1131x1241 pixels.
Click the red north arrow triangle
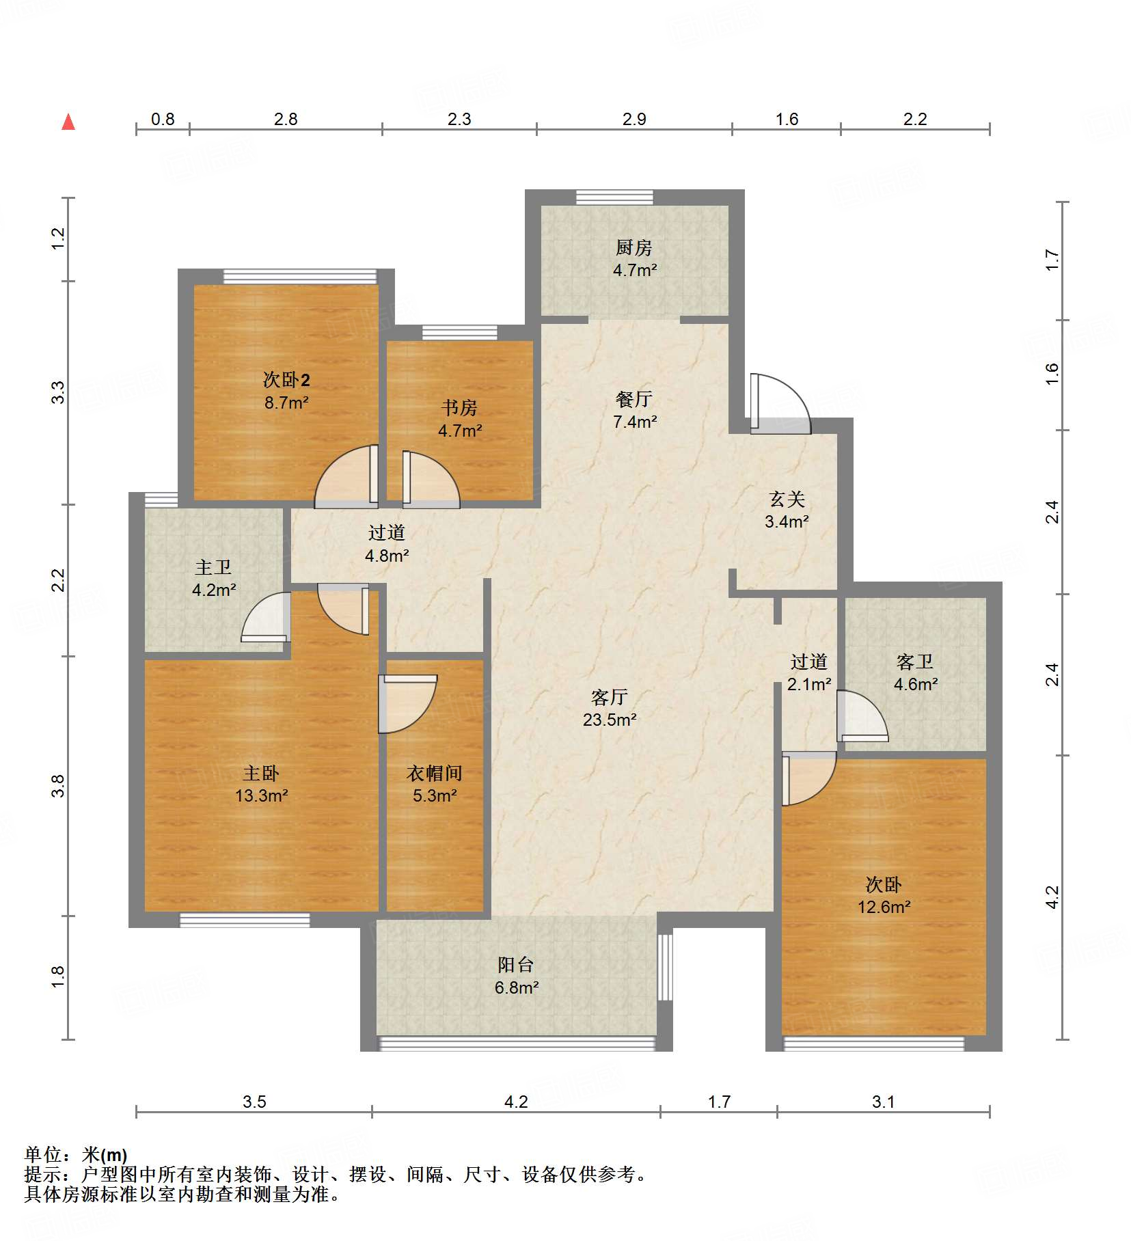(68, 122)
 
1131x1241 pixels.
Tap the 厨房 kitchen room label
(633, 247)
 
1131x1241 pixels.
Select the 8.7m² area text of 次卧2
(286, 403)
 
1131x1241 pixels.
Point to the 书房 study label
(459, 408)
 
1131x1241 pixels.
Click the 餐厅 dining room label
(634, 399)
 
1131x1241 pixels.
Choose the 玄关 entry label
(787, 499)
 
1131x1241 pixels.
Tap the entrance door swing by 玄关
(780, 404)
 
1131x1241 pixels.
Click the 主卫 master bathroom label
(213, 567)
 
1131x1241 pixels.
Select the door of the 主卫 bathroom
(265, 617)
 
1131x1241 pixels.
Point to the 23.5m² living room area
(610, 720)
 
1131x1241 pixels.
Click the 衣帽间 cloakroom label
(435, 773)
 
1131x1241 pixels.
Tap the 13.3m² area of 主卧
(261, 795)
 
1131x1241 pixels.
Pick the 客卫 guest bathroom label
(915, 662)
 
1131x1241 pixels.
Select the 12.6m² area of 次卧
(884, 907)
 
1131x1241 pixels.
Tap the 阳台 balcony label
(516, 965)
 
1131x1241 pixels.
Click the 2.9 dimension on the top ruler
(634, 119)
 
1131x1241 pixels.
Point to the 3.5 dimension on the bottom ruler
(254, 1102)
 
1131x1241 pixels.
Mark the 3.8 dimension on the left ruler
(58, 786)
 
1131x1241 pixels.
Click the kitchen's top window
(614, 197)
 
